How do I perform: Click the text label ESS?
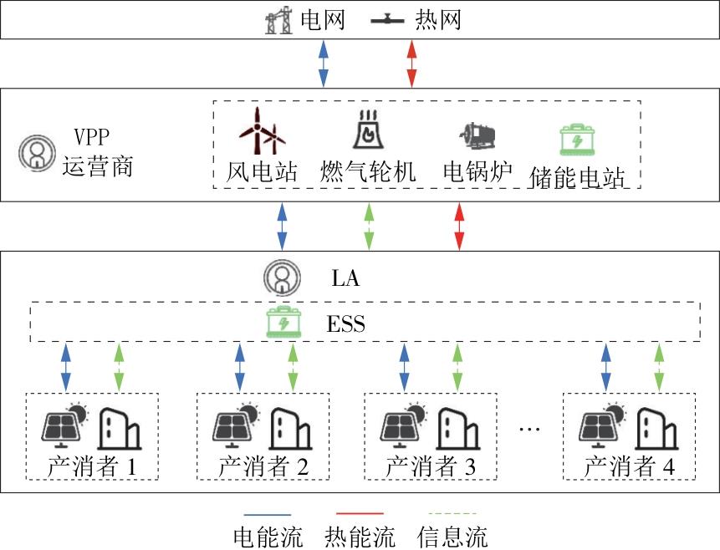[x=345, y=324]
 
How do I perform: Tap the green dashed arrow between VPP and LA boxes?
[x=368, y=226]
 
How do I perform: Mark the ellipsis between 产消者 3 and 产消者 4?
[x=530, y=429]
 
